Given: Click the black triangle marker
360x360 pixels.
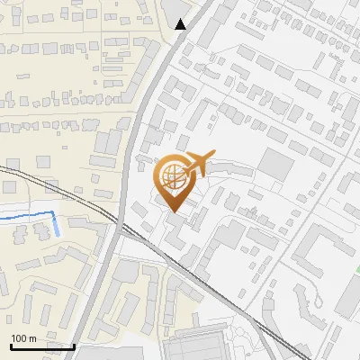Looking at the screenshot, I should tap(182, 24).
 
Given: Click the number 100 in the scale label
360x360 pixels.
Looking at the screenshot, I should tap(20, 338).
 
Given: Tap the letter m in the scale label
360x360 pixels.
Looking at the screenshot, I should tap(33, 338).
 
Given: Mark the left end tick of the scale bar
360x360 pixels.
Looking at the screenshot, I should tap(11, 346).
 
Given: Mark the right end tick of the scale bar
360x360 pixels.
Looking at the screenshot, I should tap(74, 346).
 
